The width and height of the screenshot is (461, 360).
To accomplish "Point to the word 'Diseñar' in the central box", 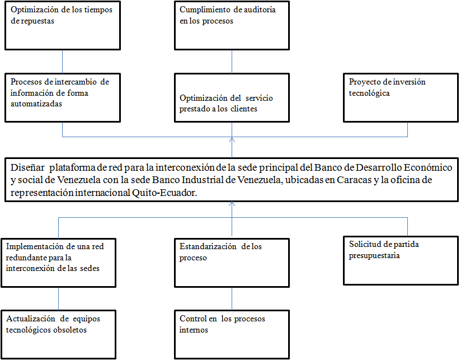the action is (27, 167).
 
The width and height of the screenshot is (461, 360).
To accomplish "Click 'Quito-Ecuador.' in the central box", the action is (164, 193).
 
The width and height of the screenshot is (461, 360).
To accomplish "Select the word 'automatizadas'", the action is (36, 104).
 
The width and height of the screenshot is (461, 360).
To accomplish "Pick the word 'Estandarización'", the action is (208, 246).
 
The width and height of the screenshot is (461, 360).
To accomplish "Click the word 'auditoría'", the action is (260, 10).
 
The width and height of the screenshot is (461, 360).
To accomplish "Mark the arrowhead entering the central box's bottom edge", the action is (232, 204).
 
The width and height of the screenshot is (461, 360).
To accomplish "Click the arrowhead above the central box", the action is (232, 140).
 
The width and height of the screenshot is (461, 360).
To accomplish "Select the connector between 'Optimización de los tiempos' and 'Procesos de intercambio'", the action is (62, 62).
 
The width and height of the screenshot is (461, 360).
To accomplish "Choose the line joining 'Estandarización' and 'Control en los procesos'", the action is (232, 298).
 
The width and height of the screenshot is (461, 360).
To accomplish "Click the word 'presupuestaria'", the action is (374, 256).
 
